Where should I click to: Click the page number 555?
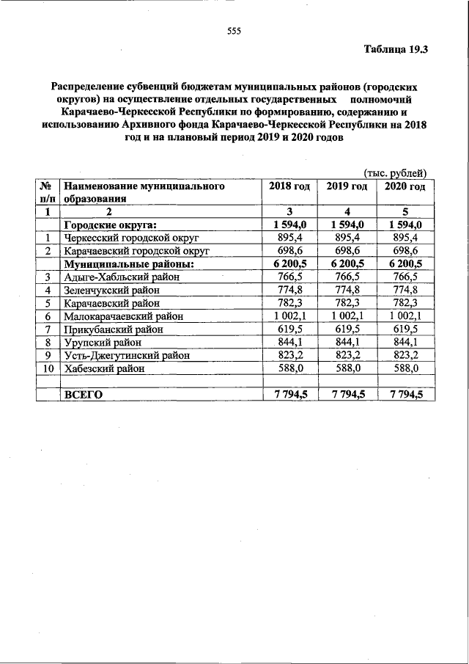234,31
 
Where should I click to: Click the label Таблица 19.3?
396,50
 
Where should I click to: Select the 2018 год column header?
289,186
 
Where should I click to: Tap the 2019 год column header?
347,186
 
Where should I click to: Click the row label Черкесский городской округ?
131,238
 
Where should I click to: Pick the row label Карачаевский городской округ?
137,251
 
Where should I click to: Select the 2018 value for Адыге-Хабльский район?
289,277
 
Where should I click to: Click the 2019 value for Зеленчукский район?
347,290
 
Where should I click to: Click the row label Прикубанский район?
114,329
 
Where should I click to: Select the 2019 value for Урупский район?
347,343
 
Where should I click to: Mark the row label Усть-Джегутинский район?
127,356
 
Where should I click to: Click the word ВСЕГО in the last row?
84,395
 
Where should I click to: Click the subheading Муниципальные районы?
128,263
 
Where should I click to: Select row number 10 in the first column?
47,369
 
